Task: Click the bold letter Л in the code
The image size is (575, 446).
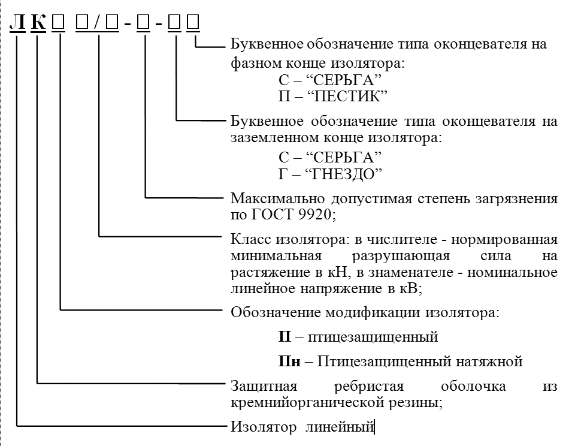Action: coord(17,23)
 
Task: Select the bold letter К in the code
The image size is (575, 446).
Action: coord(38,23)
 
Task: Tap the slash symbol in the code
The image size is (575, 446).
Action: coord(97,23)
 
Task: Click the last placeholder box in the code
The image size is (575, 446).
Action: coord(193,23)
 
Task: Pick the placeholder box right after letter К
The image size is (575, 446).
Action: coord(58,23)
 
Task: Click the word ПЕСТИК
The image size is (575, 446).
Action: coord(348,96)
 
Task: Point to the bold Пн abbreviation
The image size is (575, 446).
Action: coord(289,361)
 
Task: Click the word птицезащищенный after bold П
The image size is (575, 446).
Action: coord(373,337)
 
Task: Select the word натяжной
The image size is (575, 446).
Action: coord(489,361)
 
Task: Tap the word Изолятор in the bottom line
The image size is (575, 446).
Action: coord(264,427)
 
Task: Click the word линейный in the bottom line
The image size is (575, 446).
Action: coord(340,427)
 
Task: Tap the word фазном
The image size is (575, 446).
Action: coord(255,64)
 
